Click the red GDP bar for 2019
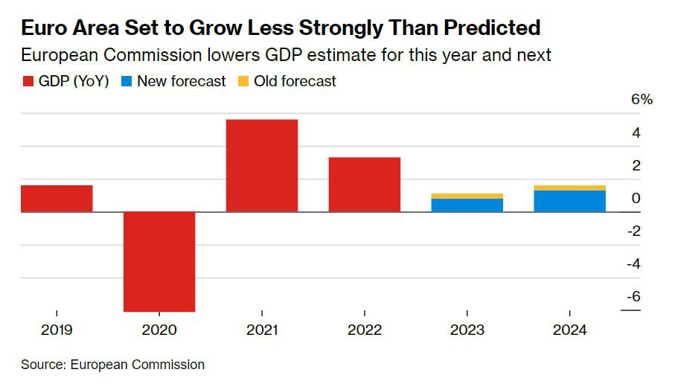[x=57, y=199]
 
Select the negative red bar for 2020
[x=159, y=261]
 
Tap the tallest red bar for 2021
[x=262, y=166]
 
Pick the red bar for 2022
[x=365, y=185]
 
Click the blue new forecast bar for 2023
[x=467, y=205]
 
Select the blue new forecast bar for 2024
[x=570, y=201]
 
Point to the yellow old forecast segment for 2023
[x=467, y=196]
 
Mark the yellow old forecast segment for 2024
[x=570, y=188]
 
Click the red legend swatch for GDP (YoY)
[x=28, y=82]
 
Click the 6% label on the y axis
[x=642, y=100]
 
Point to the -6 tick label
[x=633, y=296]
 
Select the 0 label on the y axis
[x=636, y=198]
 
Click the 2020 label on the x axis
[x=159, y=330]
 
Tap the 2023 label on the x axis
[x=467, y=330]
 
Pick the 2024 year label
[x=570, y=330]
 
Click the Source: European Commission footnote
[x=112, y=365]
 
